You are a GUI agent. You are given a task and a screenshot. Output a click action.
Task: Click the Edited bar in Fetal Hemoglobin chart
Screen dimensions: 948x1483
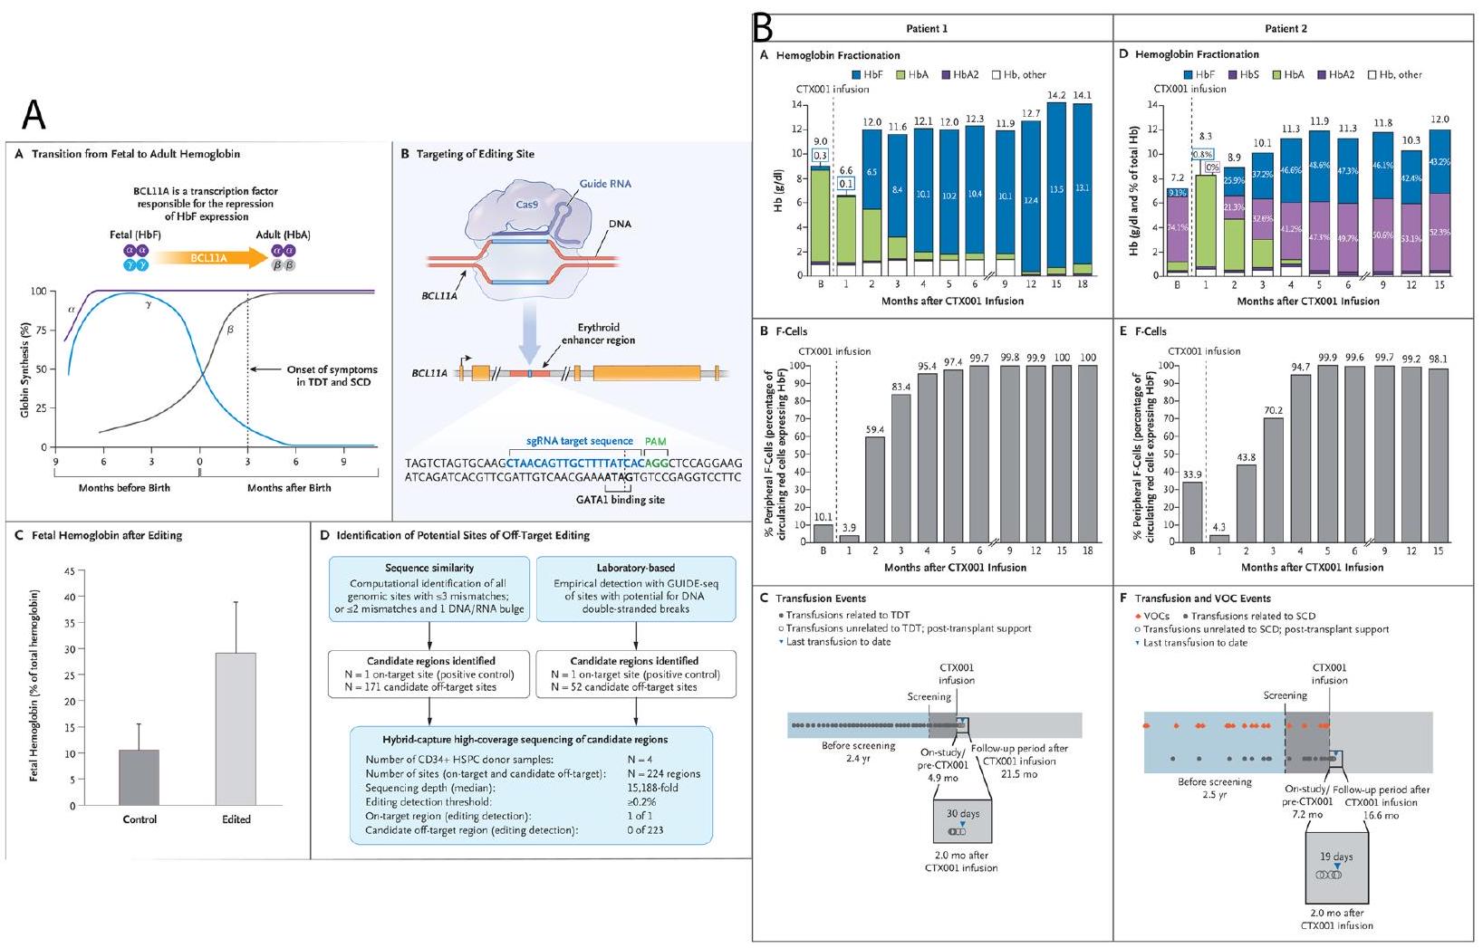coord(236,729)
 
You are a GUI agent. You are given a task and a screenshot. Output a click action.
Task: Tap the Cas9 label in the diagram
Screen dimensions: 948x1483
coord(527,205)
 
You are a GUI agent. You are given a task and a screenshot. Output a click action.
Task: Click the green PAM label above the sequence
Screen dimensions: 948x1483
coord(656,441)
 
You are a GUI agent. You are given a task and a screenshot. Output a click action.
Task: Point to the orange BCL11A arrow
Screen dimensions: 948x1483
coord(209,258)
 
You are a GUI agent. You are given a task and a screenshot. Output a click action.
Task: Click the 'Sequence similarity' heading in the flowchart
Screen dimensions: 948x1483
coord(428,568)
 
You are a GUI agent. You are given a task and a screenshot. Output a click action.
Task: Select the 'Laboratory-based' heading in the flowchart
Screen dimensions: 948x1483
coord(635,568)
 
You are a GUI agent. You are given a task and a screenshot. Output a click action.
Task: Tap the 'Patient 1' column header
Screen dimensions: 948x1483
coord(927,29)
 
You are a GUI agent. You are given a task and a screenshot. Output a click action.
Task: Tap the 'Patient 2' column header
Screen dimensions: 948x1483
coord(1286,29)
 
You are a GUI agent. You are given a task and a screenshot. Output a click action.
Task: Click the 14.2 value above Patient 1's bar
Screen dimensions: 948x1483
coord(1055,95)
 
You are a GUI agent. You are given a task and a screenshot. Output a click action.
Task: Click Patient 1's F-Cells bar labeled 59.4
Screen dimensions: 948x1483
coord(874,489)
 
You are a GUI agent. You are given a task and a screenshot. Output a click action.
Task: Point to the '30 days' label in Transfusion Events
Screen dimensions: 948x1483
coord(963,814)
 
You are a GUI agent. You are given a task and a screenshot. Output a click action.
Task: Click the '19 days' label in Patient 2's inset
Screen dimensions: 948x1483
coord(1336,857)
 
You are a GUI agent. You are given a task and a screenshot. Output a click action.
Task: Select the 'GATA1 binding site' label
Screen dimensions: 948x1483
coord(625,500)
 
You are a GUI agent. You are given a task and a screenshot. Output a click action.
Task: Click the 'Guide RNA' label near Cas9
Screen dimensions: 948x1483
coord(605,184)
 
